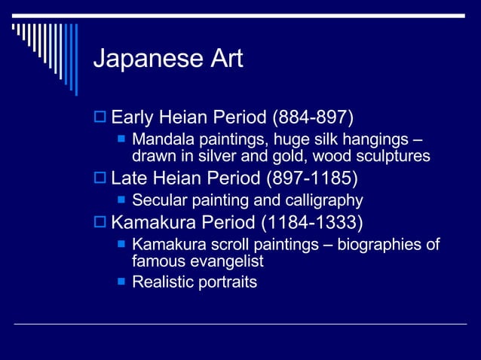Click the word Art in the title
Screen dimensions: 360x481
coord(224,59)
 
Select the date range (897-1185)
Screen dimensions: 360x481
coord(312,179)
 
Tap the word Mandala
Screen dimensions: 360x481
coord(160,141)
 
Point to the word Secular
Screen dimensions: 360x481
coord(157,201)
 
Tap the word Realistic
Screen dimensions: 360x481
coord(161,282)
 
